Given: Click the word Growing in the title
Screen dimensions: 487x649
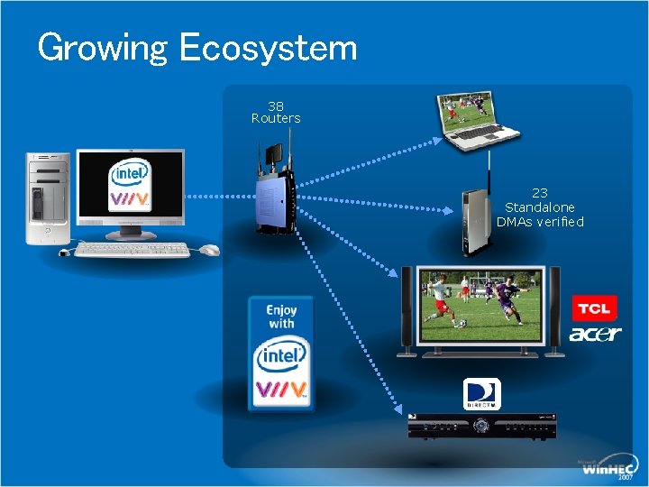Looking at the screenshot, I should tap(102, 48).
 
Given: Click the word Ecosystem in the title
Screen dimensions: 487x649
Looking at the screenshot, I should tap(268, 47).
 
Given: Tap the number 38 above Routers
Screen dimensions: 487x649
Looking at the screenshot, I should tap(276, 105).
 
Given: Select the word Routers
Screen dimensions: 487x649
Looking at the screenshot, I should tap(276, 118).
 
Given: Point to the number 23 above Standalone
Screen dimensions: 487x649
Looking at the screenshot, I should tap(540, 192).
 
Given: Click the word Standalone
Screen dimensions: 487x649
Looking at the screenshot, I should tap(540, 207).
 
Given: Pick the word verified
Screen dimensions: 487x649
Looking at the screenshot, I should tap(562, 221).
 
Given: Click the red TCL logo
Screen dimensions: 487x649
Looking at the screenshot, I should tap(594, 308).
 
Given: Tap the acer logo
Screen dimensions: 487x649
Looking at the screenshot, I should tap(595, 334).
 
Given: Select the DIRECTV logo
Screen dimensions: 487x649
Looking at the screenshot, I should tap(481, 394).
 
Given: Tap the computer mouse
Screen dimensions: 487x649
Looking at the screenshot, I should tap(209, 250).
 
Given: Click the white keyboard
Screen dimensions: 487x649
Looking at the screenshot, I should tap(133, 250).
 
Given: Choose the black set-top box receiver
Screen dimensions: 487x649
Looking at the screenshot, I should tap(481, 425).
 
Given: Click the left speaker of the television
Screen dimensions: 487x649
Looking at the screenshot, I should tap(405, 307).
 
